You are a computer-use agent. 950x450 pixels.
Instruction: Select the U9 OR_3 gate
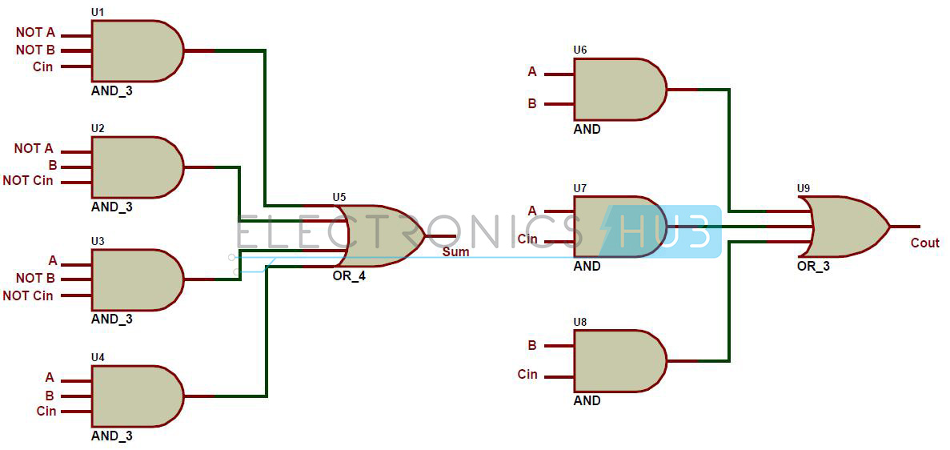[846, 227]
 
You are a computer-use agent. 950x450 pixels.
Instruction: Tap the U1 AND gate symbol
[137, 51]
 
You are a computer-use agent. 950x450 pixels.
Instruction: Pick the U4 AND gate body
[137, 396]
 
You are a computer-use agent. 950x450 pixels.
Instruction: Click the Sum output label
[455, 251]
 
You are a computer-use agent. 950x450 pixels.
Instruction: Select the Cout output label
[924, 243]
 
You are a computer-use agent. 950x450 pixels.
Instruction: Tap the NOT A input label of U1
[35, 33]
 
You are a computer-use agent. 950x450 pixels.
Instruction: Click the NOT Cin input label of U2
[28, 181]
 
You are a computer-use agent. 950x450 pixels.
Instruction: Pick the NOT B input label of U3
[35, 279]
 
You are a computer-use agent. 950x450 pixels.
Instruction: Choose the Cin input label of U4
[46, 412]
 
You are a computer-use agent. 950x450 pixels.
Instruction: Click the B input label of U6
[532, 104]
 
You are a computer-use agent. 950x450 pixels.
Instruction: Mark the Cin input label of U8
[527, 374]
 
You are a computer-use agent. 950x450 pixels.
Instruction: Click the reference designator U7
[579, 189]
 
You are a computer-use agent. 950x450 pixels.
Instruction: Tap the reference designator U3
[98, 241]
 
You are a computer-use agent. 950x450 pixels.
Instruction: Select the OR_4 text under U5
[348, 276]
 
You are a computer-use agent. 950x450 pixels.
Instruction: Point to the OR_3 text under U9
[814, 266]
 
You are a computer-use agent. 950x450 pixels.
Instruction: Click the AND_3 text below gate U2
[111, 207]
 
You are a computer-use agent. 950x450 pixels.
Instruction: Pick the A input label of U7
[532, 211]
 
